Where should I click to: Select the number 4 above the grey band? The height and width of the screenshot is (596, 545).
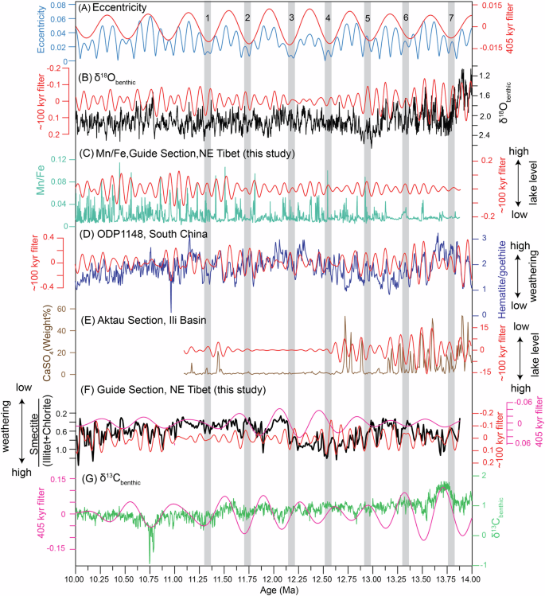click(329, 18)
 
